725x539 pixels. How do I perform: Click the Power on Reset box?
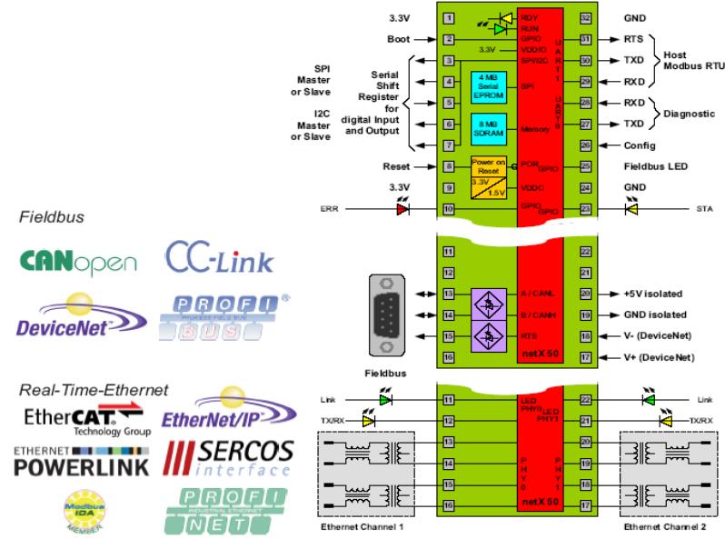[x=491, y=167]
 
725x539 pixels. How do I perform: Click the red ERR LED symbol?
[x=402, y=209]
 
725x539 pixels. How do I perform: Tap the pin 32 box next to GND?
[x=587, y=17]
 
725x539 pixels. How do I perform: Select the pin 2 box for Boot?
[x=448, y=39]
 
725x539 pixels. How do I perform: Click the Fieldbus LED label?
[x=654, y=166]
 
